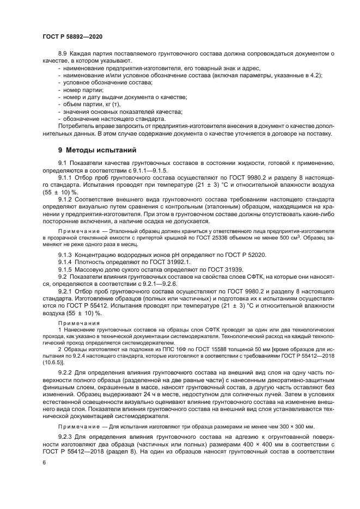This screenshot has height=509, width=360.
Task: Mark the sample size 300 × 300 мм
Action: click(300, 426)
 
